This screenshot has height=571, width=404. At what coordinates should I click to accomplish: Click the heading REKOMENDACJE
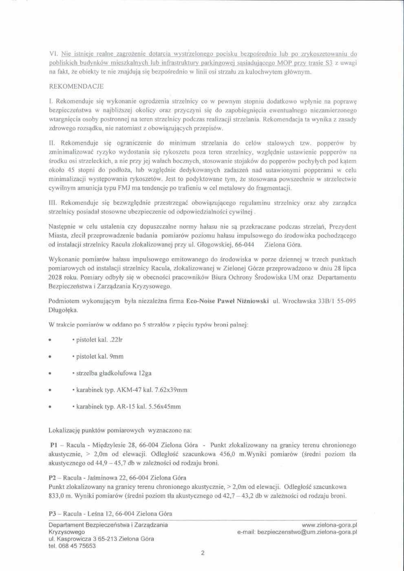point(76,86)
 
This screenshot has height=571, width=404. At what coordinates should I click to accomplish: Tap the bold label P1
point(52,445)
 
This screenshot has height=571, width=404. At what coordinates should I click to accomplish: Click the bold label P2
point(52,478)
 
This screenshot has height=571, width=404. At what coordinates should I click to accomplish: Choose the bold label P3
point(52,513)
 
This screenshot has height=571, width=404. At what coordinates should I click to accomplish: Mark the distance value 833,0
point(56,496)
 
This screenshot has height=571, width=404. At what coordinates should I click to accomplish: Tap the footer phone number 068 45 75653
point(78,546)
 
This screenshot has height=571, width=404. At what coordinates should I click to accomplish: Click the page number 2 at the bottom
point(203,553)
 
